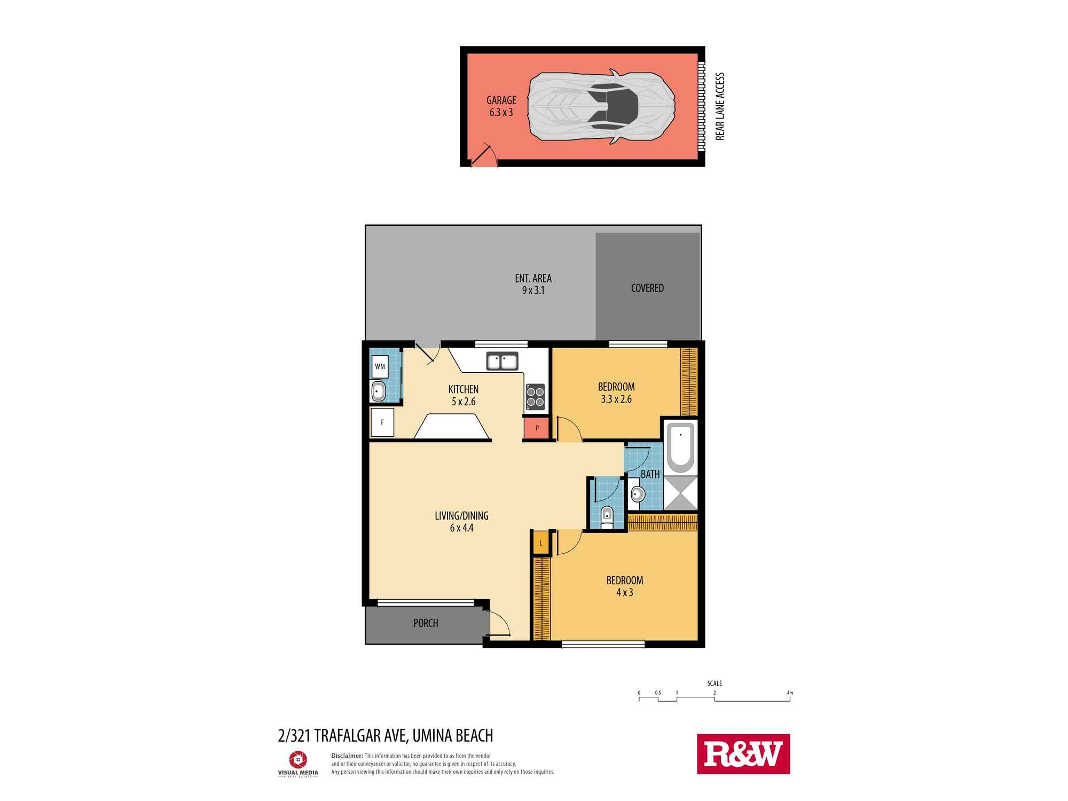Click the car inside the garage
(x=601, y=106)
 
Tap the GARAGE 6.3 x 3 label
(x=501, y=106)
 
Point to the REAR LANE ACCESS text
(x=720, y=106)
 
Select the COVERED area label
(x=647, y=288)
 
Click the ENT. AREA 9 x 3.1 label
(x=533, y=284)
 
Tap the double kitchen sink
(x=502, y=362)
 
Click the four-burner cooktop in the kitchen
(x=536, y=396)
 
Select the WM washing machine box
(x=380, y=366)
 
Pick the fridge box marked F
(x=382, y=422)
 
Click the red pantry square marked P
(x=537, y=428)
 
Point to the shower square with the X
(x=680, y=492)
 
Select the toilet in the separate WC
(x=607, y=517)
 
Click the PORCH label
(x=426, y=623)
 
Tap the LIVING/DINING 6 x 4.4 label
(x=461, y=522)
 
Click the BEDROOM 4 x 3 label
(x=624, y=586)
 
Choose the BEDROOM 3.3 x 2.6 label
(x=616, y=392)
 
